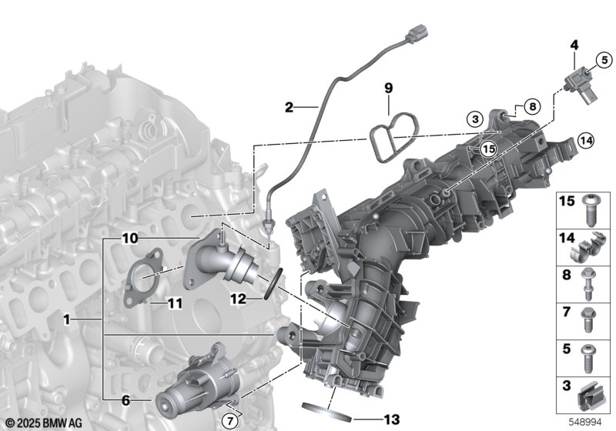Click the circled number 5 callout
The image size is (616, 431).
click(x=604, y=60)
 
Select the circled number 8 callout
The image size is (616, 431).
click(x=532, y=106)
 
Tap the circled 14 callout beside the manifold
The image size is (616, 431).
click(x=586, y=141)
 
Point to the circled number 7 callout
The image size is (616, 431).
click(x=229, y=422)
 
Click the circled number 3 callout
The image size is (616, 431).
click(x=475, y=119)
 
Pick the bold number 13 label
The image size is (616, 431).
click(x=390, y=419)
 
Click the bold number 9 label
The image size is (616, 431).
click(x=388, y=88)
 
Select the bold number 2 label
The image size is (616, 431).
click(x=290, y=107)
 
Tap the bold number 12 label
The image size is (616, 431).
click(x=238, y=299)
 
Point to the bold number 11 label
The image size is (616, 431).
click(x=175, y=303)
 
